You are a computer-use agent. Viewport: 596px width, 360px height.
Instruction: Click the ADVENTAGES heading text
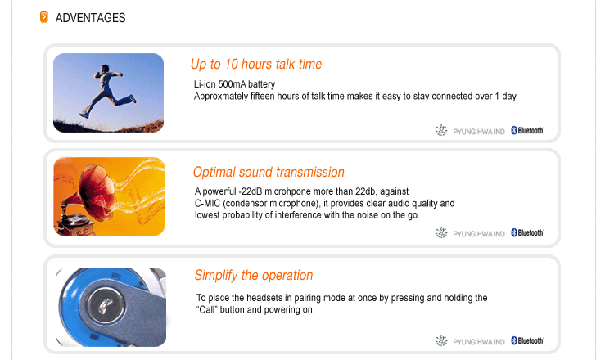click(90, 18)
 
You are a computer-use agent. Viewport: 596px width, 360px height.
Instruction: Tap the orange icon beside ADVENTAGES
click(44, 17)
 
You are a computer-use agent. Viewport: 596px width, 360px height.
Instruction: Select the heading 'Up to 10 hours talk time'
click(256, 64)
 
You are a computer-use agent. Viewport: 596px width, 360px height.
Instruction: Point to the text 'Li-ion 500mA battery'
click(234, 84)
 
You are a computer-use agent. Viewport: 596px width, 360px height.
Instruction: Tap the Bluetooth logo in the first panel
click(527, 130)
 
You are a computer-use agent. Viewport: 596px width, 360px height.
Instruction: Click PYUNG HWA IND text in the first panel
click(479, 132)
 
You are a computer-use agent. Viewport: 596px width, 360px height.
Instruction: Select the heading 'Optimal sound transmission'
click(269, 172)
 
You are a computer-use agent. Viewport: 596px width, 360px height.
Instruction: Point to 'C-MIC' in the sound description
click(207, 203)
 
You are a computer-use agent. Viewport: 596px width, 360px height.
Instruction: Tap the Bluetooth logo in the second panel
click(527, 232)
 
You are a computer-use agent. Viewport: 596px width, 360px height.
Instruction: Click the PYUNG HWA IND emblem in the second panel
click(441, 232)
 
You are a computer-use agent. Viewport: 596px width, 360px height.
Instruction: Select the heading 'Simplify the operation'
click(254, 275)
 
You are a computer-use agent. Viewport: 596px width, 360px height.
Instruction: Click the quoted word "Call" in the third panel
click(207, 310)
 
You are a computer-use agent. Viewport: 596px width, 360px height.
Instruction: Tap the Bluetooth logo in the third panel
click(527, 340)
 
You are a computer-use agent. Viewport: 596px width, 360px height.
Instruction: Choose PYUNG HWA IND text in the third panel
click(479, 342)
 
